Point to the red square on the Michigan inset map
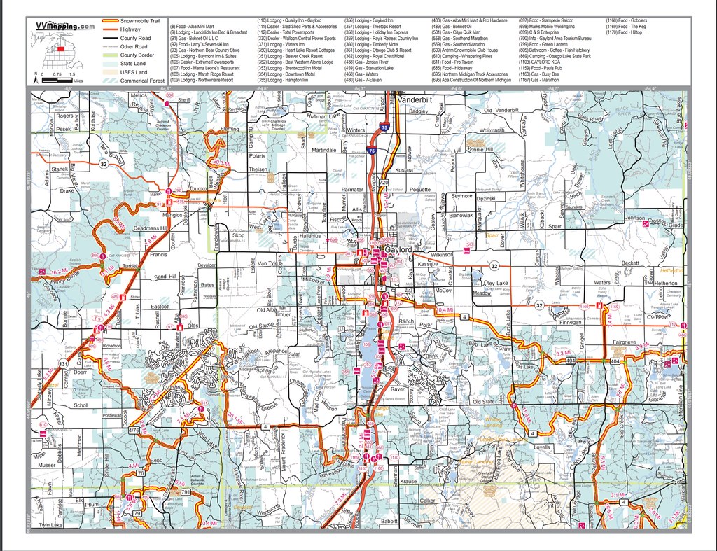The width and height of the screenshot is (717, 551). click(x=60, y=49)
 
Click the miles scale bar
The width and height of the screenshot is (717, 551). click(x=57, y=81)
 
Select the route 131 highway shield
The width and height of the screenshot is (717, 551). click(x=64, y=365)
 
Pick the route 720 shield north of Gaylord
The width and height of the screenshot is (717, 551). click(x=383, y=182)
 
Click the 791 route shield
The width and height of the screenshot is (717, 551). click(x=186, y=493)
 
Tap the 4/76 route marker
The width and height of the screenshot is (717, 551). click(x=135, y=430)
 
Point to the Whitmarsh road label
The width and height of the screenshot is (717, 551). click(x=492, y=131)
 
